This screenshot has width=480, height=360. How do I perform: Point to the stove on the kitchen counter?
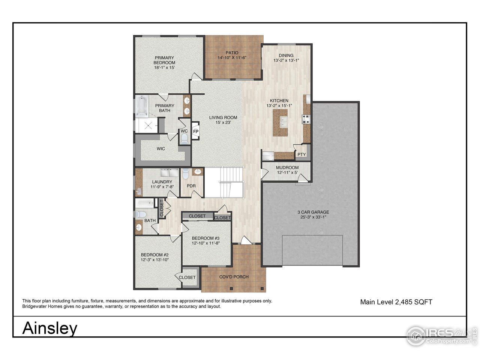click(x=306, y=119)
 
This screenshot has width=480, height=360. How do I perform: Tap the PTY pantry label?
click(x=301, y=154)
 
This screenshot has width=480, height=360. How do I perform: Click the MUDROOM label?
click(x=287, y=168)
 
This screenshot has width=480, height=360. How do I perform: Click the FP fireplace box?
click(x=195, y=132)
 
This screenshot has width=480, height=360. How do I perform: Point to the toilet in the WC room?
click(x=184, y=139)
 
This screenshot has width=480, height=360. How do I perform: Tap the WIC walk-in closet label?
click(x=161, y=149)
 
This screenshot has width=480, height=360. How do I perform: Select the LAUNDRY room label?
click(x=162, y=182)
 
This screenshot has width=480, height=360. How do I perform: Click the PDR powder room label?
click(x=191, y=186)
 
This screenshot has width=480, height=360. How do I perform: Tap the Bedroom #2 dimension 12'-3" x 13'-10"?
click(x=155, y=259)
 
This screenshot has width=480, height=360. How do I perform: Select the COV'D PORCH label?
click(x=234, y=277)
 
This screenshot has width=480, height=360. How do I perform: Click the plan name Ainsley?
click(x=50, y=328)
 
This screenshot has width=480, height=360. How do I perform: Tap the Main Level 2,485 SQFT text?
click(x=396, y=302)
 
